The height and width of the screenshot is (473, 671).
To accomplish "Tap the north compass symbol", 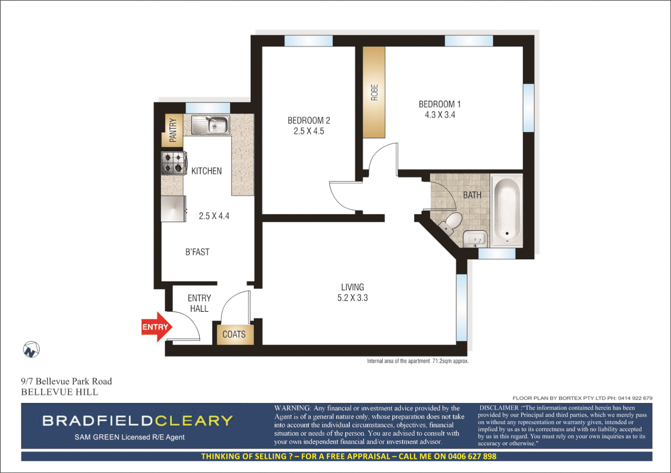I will [31, 349].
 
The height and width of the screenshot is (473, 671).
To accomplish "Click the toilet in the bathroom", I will [450, 222].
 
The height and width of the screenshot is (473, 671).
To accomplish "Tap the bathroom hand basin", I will [474, 239].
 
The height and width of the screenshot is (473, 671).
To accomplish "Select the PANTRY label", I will [173, 130].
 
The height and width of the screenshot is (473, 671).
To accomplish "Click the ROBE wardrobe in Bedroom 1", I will [374, 92].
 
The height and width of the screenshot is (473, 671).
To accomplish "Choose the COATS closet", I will [234, 334].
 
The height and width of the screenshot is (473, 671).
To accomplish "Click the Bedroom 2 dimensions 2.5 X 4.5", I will [309, 131].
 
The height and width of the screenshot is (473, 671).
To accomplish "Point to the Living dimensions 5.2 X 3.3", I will [352, 298].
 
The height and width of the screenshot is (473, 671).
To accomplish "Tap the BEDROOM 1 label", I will [439, 104].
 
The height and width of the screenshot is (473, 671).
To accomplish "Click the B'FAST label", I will [197, 252].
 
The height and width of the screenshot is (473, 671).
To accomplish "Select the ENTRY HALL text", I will [199, 303].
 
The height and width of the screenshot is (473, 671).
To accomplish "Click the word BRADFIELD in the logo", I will [98, 421].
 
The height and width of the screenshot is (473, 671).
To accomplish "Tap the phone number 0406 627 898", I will [472, 456].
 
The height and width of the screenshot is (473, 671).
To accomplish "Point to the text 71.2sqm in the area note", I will [442, 361].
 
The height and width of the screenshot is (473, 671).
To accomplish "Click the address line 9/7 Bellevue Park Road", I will [67, 381].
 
